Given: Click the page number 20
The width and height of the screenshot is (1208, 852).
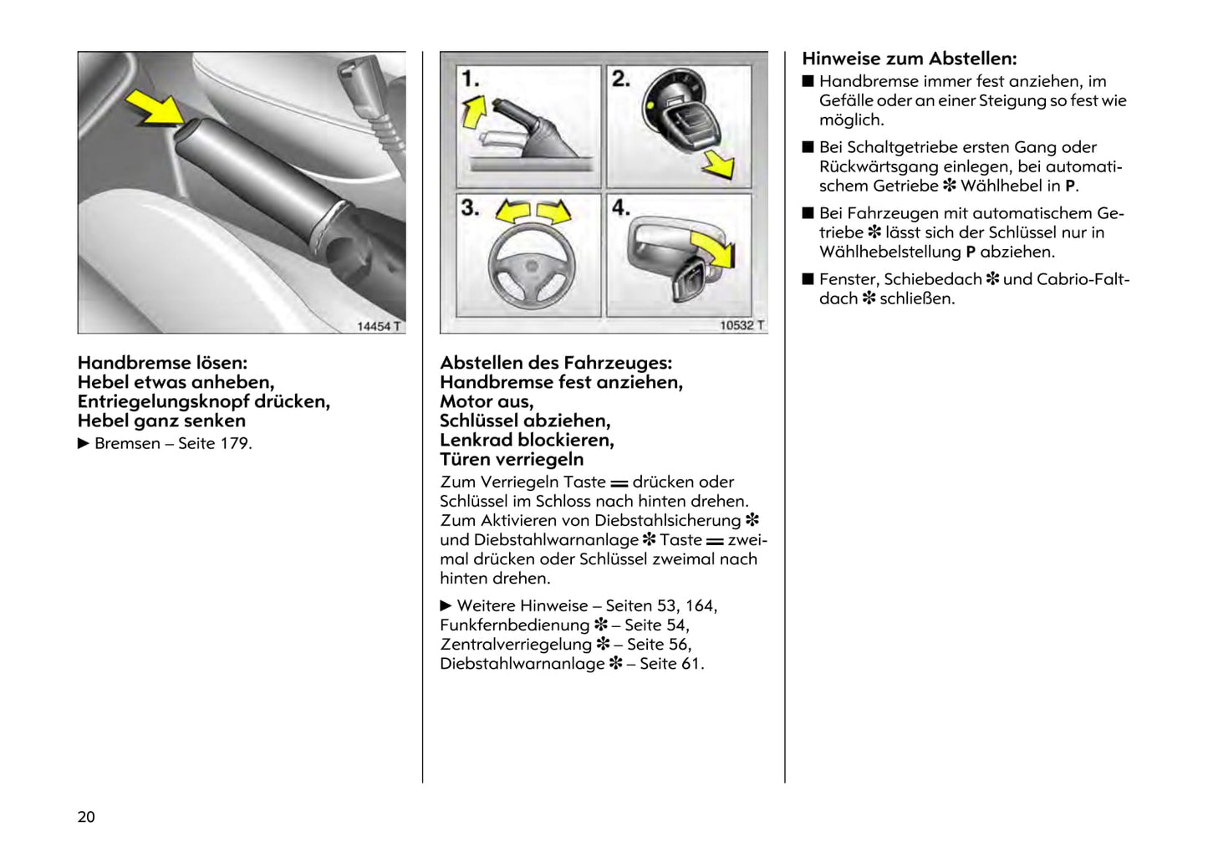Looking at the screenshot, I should coord(86,817).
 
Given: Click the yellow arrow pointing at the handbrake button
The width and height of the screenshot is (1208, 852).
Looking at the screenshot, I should coord(155,109).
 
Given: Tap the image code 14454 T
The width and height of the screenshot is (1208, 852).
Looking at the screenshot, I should coord(379,326).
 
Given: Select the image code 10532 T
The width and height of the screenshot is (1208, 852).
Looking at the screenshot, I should coord(742,325).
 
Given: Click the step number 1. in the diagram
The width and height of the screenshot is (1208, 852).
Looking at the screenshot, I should coord(470,79).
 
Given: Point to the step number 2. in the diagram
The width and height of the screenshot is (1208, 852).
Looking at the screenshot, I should coord(620,79).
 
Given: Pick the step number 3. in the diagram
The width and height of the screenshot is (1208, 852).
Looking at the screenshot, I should coord(470,207).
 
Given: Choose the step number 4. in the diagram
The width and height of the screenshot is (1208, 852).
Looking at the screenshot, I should coord(620,207).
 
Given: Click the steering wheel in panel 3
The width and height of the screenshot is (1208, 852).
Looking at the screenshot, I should coord(532,268).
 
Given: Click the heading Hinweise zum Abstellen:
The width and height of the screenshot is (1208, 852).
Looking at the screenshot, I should coord(910,59).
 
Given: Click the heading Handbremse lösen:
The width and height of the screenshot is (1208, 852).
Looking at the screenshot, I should coord(162,363).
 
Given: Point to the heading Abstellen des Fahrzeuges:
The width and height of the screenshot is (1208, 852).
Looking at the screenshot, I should coord(556,363).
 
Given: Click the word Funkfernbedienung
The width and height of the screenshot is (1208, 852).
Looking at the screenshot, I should coord(515,625).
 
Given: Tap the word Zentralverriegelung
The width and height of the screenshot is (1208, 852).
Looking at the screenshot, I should coord(516,644).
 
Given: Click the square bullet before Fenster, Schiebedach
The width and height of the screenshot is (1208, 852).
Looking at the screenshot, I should coord(808,279).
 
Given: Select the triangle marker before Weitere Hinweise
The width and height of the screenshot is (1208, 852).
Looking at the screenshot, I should coord(446,605).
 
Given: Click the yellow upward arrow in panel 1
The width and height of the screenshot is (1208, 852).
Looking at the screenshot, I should coord(474,111).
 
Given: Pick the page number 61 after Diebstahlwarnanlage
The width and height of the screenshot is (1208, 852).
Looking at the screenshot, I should coord(691,663).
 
